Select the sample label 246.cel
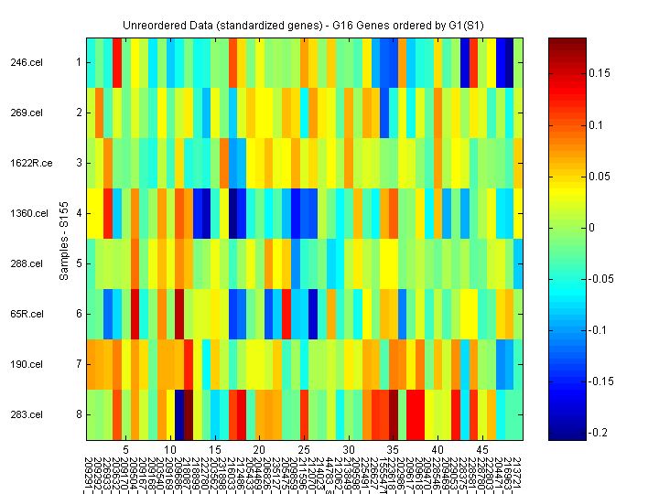click(x=26, y=63)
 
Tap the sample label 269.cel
click(x=26, y=113)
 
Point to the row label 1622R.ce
click(x=26, y=164)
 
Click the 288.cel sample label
click(x=26, y=264)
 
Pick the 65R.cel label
click(x=27, y=315)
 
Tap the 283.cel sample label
click(x=26, y=415)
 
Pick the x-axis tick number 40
click(x=438, y=451)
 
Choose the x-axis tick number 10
click(x=169, y=451)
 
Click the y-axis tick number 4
click(x=79, y=214)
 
